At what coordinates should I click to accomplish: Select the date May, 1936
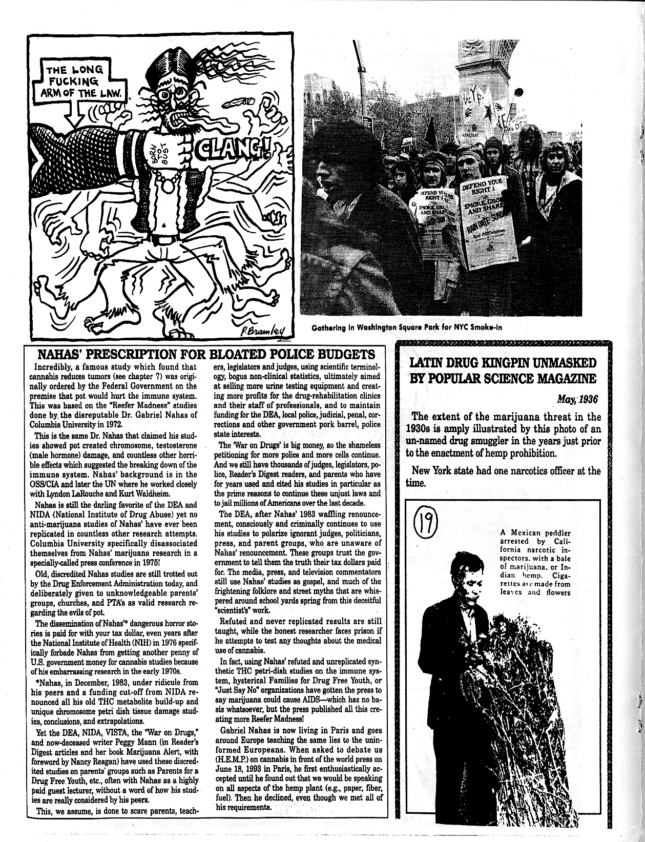point(577,398)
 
